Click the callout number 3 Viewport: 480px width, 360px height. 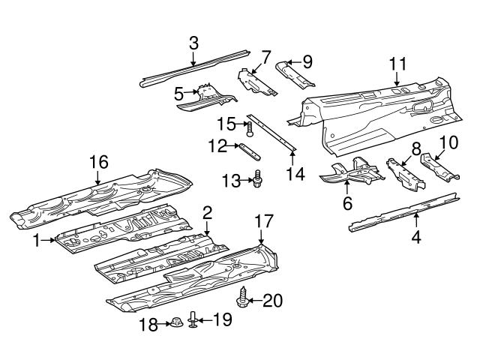click(193, 42)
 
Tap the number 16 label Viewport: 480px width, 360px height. click(99, 161)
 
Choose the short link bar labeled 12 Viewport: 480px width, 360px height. click(250, 152)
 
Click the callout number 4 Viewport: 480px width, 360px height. click(415, 238)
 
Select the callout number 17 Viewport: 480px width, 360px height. click(261, 221)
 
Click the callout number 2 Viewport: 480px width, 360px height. click(207, 214)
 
